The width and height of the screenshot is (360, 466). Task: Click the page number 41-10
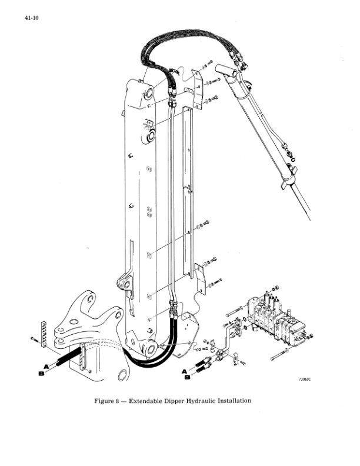[32, 18]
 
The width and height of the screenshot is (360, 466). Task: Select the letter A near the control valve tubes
[185, 371]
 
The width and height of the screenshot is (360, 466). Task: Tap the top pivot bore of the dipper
[148, 93]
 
